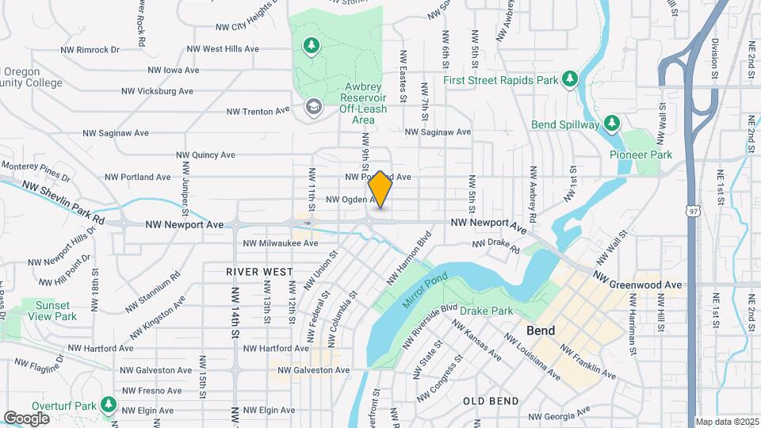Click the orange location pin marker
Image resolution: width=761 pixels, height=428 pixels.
pos(380,189)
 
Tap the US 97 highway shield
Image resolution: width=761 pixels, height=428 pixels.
pos(694,211)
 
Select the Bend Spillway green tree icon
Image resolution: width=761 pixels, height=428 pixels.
pos(610,124)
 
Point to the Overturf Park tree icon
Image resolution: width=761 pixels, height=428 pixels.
pos(108,407)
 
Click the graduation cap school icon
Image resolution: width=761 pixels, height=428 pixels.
pos(314,106)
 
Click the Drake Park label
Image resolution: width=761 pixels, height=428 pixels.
pos(486,311)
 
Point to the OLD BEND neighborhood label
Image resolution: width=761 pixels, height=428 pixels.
pos(491,401)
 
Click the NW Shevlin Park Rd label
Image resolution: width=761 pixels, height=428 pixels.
pos(63,201)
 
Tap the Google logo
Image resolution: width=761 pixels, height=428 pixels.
pos(26,418)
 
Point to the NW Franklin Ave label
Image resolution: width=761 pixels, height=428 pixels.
pos(587,361)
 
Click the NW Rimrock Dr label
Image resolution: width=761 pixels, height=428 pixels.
pos(90,49)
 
